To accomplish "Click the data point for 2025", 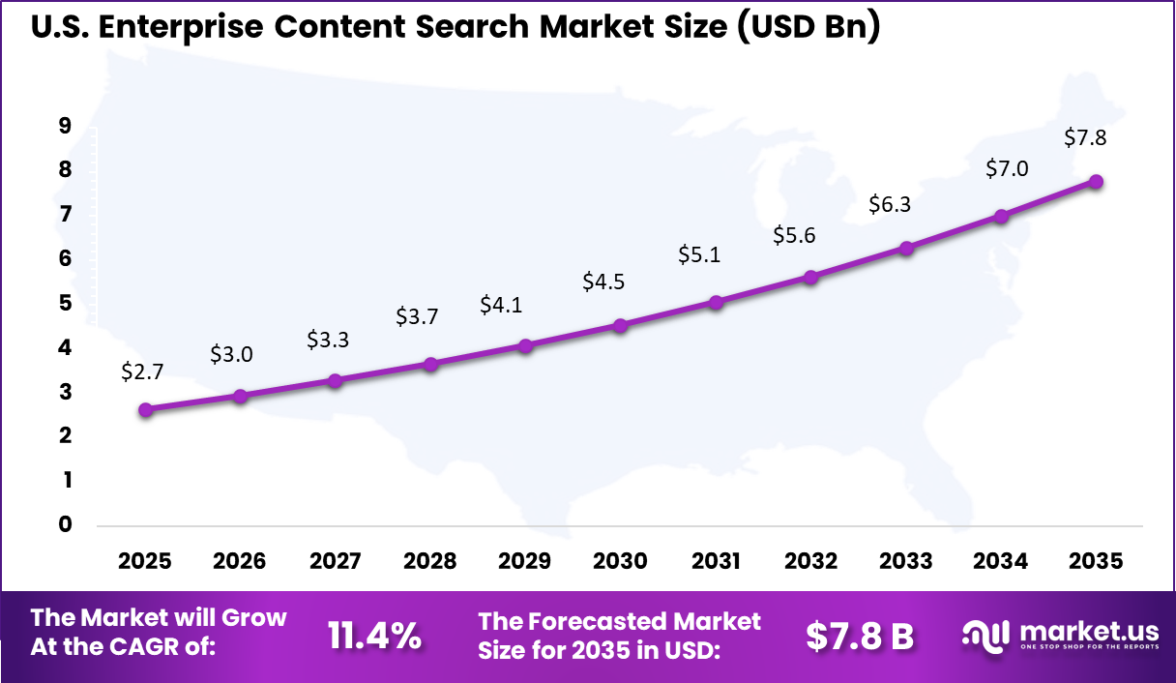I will (x=146, y=410).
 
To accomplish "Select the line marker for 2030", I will (x=621, y=326).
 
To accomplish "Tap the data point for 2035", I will (x=1096, y=182).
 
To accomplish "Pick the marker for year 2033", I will (x=906, y=249).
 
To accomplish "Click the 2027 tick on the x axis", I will (x=336, y=562).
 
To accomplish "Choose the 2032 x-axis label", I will (x=810, y=562).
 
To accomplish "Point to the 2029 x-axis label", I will (x=525, y=562).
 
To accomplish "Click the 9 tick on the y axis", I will (x=66, y=125).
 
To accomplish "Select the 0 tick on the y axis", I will (x=66, y=524).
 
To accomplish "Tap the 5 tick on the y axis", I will (x=66, y=303).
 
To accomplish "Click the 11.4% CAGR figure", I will (x=374, y=636).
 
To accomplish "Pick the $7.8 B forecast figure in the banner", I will (x=860, y=636).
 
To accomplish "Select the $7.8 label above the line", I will (x=1085, y=137).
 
